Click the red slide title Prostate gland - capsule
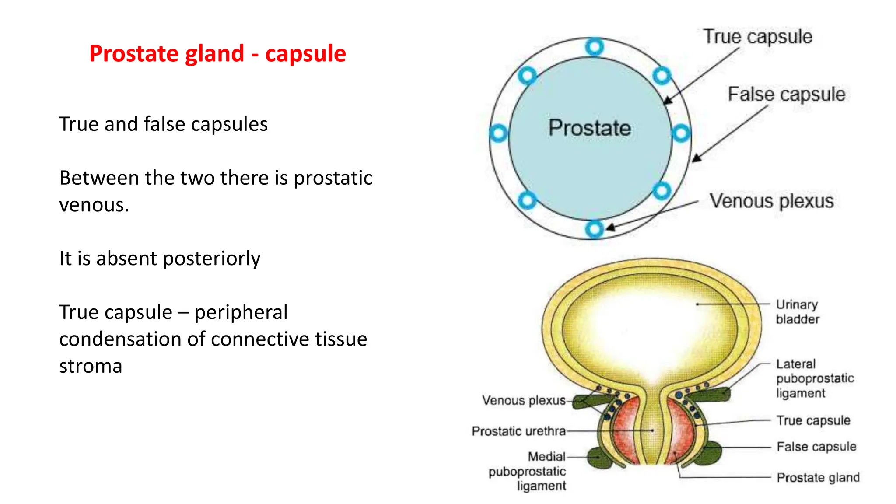[x=217, y=54]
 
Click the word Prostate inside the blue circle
[x=589, y=128]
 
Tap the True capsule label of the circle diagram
[x=757, y=37]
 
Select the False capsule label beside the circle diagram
[x=786, y=94]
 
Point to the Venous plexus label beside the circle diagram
[x=771, y=201]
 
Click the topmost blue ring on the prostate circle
[x=595, y=47]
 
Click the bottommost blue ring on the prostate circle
[x=594, y=229]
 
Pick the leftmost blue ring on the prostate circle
[x=498, y=133]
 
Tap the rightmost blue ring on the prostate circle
[x=681, y=133]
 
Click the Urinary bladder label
[x=797, y=311]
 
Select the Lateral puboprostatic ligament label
[x=814, y=378]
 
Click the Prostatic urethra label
[x=518, y=431]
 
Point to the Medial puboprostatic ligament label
[x=528, y=471]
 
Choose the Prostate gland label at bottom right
[x=818, y=477]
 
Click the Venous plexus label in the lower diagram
[x=524, y=400]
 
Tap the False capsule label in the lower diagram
[x=816, y=447]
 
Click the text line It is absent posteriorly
[x=160, y=259]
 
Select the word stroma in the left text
[x=91, y=366]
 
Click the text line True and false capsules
[x=163, y=124]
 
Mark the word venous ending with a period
[x=94, y=205]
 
